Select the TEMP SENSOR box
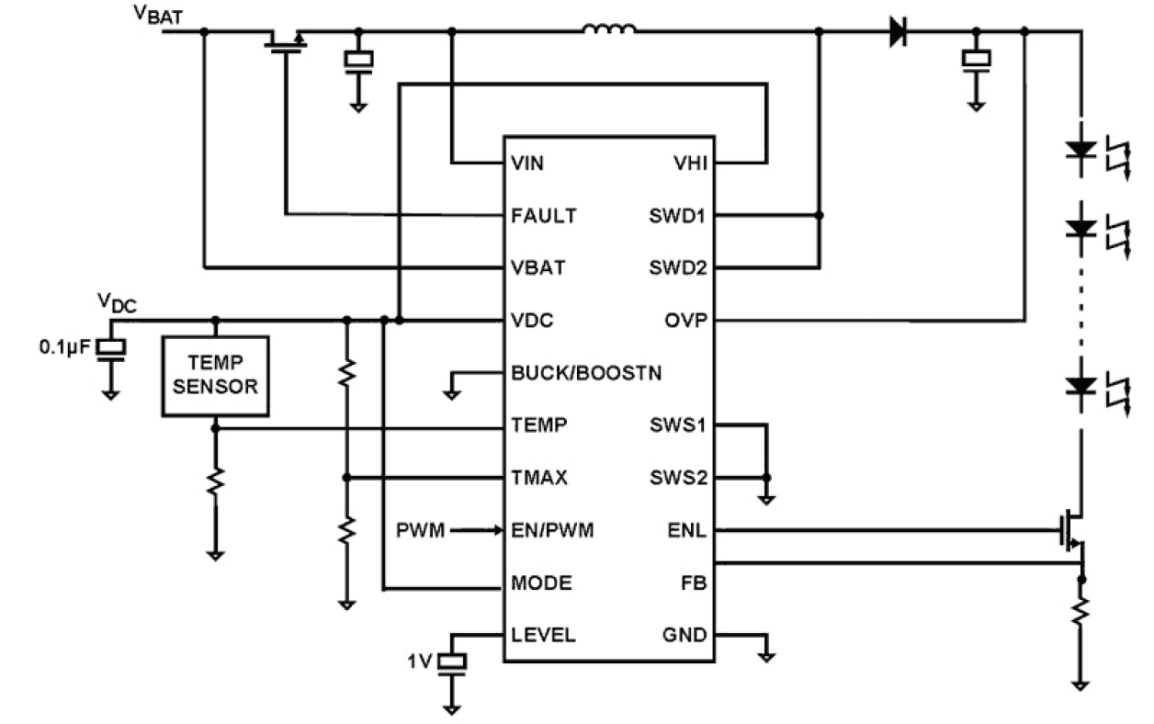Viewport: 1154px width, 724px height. pos(215,376)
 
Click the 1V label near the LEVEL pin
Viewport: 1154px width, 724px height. pos(422,661)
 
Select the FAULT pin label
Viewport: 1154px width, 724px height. pos(543,216)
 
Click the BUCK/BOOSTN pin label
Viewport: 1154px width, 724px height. pos(585,373)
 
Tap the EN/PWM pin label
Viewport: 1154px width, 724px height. pos(551,530)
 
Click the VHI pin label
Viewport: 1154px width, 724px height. pos(689,164)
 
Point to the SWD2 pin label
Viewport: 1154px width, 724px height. pos(676,268)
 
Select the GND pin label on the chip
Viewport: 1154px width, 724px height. pos(684,636)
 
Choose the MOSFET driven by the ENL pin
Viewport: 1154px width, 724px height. pos(1072,531)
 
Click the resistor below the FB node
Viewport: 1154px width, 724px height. pos(1081,611)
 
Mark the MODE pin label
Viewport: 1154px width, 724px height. pos(541,583)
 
